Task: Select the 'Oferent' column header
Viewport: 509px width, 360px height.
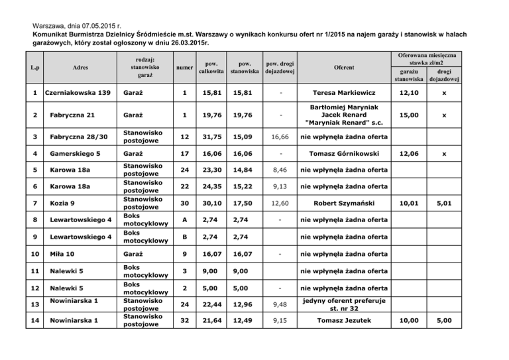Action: (x=344, y=67)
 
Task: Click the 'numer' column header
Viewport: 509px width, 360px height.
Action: (x=185, y=67)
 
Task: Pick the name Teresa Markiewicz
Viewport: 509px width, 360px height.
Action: (x=344, y=92)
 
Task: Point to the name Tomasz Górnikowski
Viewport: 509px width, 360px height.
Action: (x=344, y=154)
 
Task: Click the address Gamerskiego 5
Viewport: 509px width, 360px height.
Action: (x=75, y=154)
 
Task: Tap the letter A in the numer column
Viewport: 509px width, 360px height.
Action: (x=185, y=219)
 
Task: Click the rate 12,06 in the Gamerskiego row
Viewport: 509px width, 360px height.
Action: (x=408, y=154)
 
